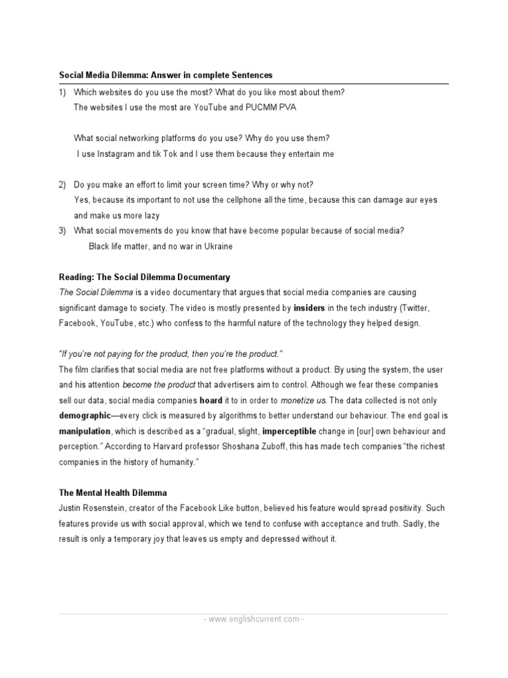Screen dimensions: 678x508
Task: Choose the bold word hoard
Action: click(211, 400)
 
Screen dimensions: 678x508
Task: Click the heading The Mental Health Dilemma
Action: click(113, 493)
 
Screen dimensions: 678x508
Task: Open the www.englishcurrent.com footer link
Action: click(254, 620)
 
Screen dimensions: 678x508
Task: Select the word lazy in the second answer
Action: click(149, 215)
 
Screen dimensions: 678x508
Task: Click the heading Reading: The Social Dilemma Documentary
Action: click(144, 276)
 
